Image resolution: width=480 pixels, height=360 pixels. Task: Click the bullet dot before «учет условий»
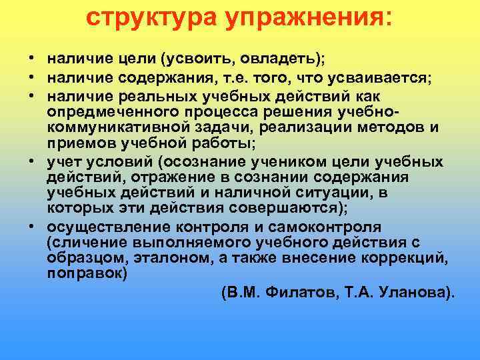click(x=32, y=162)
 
